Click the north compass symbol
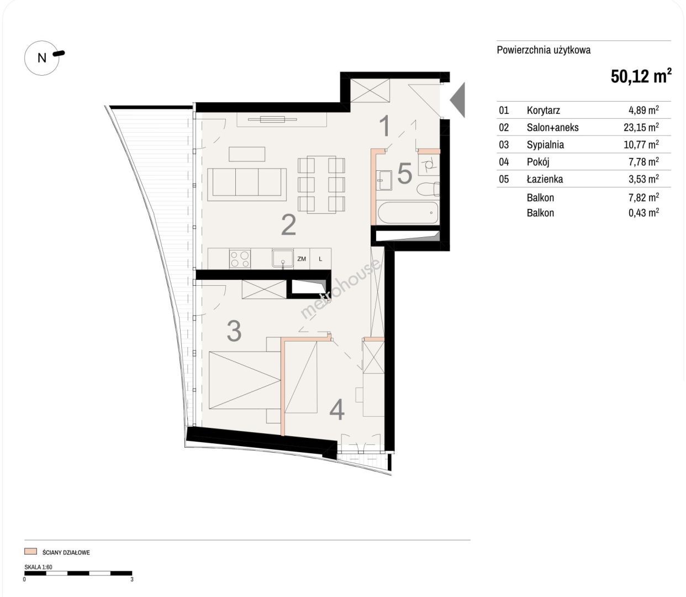pos(42,57)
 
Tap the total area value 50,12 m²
pos(641,76)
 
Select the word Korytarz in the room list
pos(543,110)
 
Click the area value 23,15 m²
pos(641,127)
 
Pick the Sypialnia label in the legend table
pos(545,145)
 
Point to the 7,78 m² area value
pos(643,162)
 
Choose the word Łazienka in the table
pos(545,179)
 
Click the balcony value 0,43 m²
pos(643,213)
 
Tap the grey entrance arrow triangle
pos(457,99)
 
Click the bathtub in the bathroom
pos(408,212)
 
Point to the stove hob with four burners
pos(240,259)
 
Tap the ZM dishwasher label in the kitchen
pos(302,259)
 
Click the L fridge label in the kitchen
pos(320,259)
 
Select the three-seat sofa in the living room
pos(247,184)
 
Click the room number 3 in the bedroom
pos(234,331)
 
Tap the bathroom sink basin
pos(383,181)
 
